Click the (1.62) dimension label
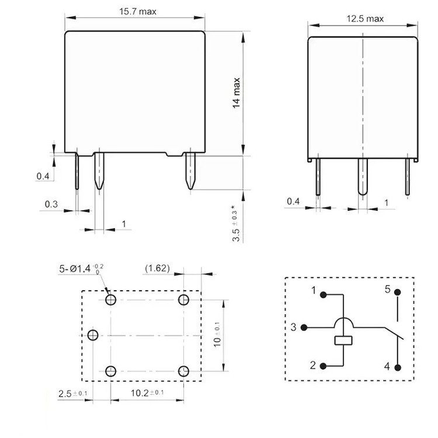point(157,269)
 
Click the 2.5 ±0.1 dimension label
point(72,393)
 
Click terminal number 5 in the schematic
point(387,290)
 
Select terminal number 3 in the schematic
point(294,327)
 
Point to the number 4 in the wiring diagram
point(387,367)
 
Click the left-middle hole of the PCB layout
point(92,335)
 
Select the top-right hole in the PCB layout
point(184,300)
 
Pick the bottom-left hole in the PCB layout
point(110,371)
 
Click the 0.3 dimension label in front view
point(52,204)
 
